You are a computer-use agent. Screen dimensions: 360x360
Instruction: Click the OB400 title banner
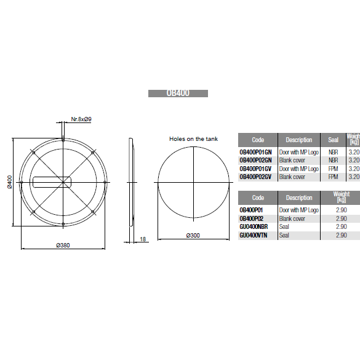coord(178,94)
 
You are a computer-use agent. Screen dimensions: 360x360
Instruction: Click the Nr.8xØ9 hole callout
coord(81,118)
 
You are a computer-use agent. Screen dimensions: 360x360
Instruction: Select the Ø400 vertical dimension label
coord(9,182)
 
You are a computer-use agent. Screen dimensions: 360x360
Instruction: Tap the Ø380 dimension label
coord(63,245)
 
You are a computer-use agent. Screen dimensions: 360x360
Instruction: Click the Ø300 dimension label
coord(193,236)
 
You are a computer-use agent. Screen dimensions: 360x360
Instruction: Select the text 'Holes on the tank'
coord(193,139)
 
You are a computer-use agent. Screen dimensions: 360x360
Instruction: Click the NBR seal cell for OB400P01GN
coord(333,151)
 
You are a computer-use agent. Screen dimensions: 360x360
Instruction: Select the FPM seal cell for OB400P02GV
coord(333,177)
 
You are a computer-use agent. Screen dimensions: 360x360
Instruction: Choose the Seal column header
coord(333,140)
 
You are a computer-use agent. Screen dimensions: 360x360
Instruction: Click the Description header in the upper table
coord(299,140)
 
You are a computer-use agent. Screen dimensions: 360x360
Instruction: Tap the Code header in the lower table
coord(258,198)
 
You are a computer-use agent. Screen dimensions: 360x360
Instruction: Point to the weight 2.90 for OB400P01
coord(341,210)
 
